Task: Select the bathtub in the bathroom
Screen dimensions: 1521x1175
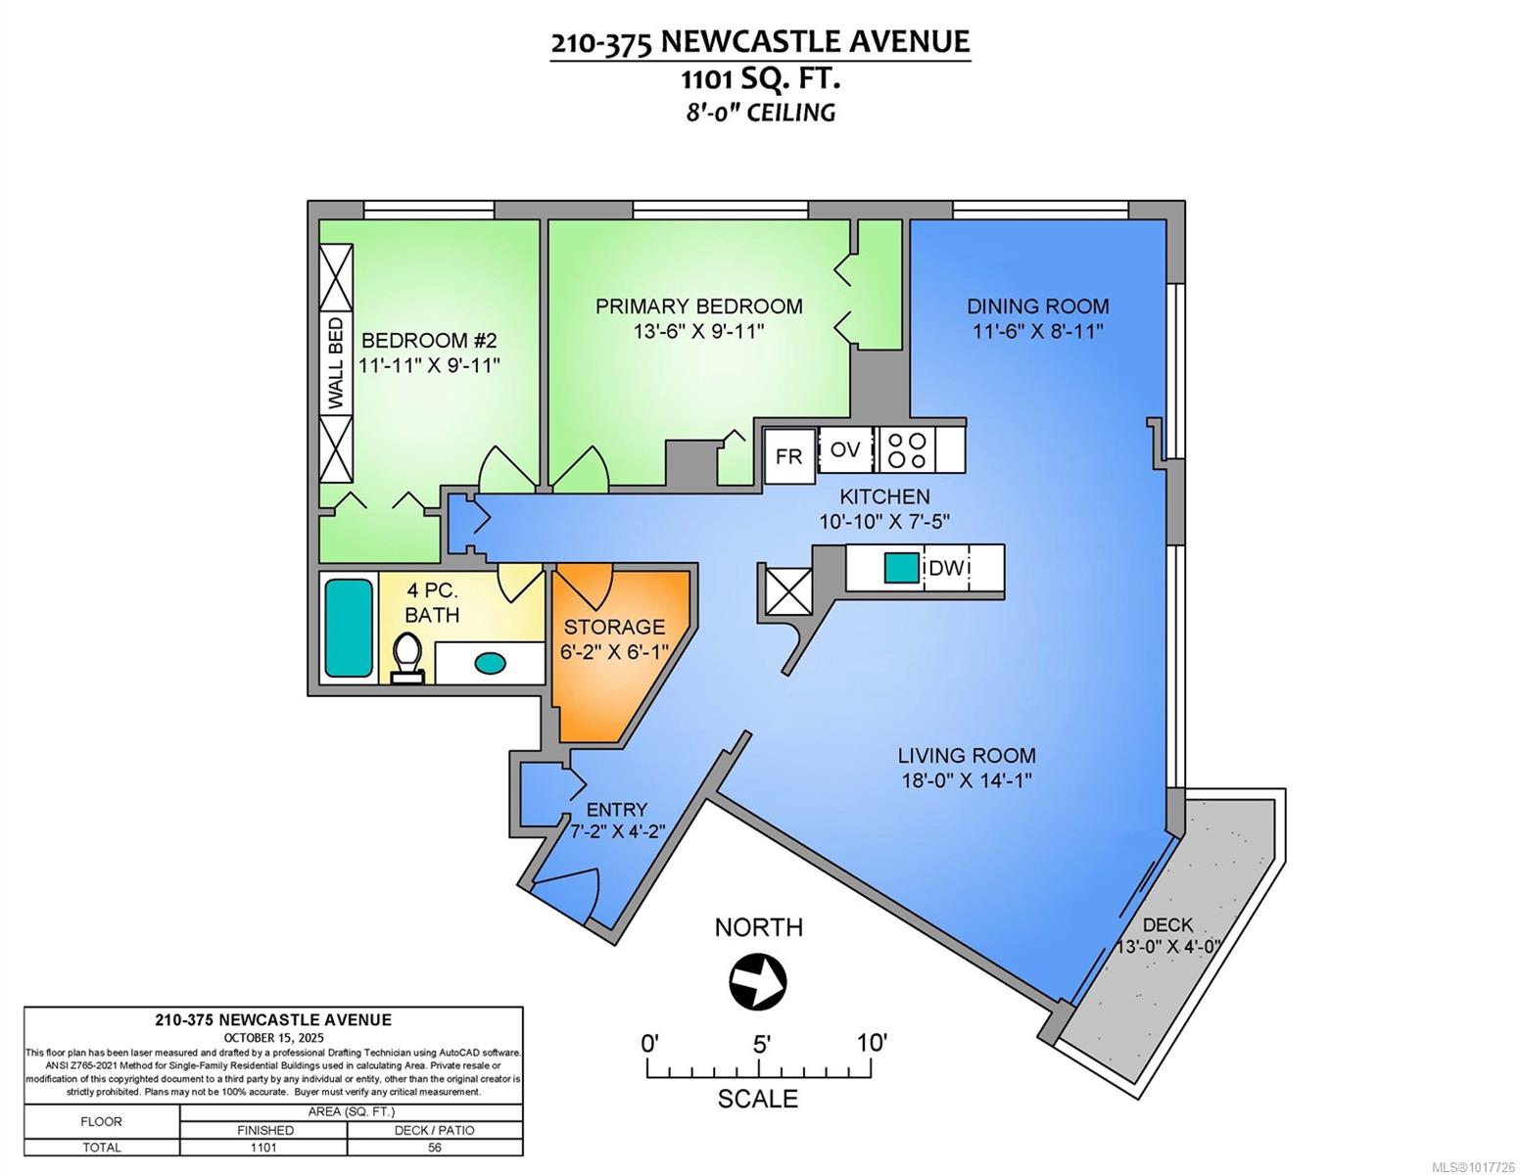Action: pos(349,628)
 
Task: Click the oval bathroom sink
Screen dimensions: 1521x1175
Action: pos(490,663)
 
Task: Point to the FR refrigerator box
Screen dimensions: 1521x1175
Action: pos(789,456)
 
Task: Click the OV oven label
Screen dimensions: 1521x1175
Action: pos(845,449)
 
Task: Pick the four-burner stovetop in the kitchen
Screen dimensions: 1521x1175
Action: pos(907,450)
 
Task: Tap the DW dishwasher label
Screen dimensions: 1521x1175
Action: pos(946,568)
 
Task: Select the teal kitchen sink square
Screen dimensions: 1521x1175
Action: pos(902,568)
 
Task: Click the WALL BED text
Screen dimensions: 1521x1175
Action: pos(336,363)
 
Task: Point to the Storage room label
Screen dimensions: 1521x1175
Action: pos(614,626)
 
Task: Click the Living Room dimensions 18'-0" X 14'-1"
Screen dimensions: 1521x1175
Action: pos(967,779)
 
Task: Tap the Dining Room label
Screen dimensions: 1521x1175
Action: pos(1038,305)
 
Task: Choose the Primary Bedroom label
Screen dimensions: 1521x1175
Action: pos(698,305)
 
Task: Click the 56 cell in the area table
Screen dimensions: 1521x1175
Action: pos(435,1147)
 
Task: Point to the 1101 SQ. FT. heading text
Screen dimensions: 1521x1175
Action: pos(761,79)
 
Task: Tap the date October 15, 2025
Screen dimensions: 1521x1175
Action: pos(273,1038)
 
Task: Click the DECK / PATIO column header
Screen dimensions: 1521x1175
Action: pos(435,1130)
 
